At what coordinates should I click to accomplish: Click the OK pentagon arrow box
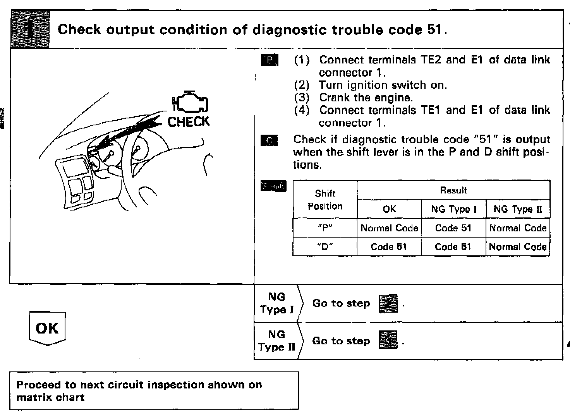point(47,328)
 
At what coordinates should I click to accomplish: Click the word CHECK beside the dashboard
point(189,122)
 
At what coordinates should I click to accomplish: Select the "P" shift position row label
point(325,228)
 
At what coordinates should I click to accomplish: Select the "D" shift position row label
point(325,246)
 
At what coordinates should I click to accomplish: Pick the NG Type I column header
point(453,209)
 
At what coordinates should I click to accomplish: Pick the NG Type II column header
point(518,209)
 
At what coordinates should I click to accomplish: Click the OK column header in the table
point(389,209)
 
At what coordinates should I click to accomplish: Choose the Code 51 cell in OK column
point(389,246)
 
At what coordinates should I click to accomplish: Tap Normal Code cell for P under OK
point(389,228)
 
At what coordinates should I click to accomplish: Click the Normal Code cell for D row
point(518,246)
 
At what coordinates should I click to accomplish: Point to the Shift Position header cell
point(325,200)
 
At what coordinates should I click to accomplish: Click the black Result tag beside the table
point(273,186)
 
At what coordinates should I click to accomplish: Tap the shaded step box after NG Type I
point(388,303)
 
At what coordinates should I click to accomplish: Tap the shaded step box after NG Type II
point(388,340)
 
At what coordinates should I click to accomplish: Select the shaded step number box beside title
point(30,30)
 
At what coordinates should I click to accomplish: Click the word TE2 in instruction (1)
point(429,60)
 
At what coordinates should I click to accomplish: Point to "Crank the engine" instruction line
point(366,98)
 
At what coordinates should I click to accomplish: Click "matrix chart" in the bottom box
point(50,397)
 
